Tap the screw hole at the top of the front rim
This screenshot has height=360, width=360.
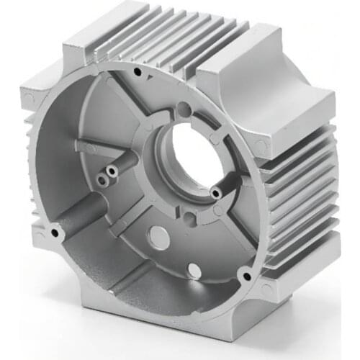pos(138,72)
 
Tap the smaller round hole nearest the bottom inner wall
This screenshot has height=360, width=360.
pos(193,270)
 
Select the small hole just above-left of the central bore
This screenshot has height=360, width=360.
pos(184,110)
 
